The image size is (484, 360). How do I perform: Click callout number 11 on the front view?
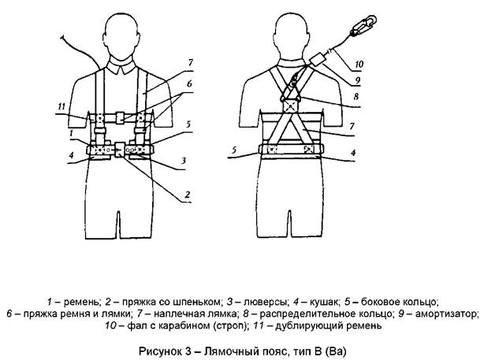tap(61, 106)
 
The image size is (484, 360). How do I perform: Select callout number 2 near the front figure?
tap(187, 195)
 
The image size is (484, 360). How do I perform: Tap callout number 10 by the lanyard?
tap(359, 64)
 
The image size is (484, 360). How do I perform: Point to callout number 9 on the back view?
tap(357, 80)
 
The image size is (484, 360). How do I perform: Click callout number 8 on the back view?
tap(356, 97)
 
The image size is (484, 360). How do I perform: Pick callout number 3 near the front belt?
tap(184, 161)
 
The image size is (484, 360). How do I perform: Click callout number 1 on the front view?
tap(71, 133)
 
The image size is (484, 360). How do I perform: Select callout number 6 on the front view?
tap(189, 84)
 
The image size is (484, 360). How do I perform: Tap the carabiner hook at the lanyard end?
tap(364, 25)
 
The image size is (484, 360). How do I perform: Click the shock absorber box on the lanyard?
tap(317, 58)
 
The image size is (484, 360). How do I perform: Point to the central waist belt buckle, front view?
tap(119, 150)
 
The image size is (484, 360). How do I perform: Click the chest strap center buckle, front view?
tap(120, 118)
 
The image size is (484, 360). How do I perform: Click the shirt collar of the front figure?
tap(121, 67)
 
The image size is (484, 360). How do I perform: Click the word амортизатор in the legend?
tap(447, 314)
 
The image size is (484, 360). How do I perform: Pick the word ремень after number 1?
tap(81, 302)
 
